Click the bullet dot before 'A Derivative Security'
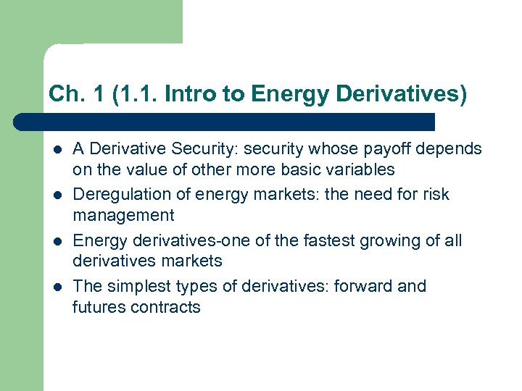56,150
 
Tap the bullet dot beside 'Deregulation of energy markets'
56,195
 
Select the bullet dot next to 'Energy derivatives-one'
56,241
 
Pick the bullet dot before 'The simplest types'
56,287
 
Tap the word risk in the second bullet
436,195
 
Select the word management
123,216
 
